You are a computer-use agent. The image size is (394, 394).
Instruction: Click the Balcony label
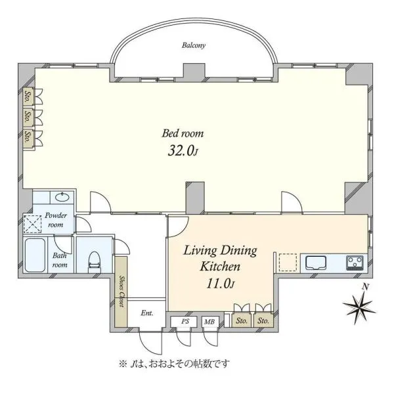click(194, 45)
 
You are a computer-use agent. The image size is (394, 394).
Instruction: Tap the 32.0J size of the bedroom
click(183, 151)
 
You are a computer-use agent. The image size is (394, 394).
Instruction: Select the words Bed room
click(183, 133)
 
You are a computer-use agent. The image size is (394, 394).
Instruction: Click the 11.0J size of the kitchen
click(221, 284)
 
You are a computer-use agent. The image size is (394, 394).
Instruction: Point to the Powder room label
click(56, 220)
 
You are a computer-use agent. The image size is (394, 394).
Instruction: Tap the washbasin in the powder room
click(62, 197)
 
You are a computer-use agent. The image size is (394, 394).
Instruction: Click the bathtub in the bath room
click(35, 255)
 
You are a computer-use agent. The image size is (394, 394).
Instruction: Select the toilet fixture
click(94, 262)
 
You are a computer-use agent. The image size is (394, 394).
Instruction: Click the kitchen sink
click(316, 263)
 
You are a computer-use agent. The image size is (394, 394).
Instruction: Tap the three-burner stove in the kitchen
click(355, 263)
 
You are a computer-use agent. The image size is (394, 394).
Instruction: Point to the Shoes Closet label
click(121, 292)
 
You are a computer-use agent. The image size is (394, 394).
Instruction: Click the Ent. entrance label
click(147, 313)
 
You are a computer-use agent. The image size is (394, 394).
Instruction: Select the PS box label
click(185, 321)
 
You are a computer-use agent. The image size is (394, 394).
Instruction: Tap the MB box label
click(209, 322)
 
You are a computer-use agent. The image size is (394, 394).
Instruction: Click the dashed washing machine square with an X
click(32, 224)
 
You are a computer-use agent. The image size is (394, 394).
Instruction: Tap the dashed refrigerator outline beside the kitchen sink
click(288, 262)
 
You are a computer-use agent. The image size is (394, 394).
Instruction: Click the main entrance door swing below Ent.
click(151, 343)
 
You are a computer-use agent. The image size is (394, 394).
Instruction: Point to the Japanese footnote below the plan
click(175, 364)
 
